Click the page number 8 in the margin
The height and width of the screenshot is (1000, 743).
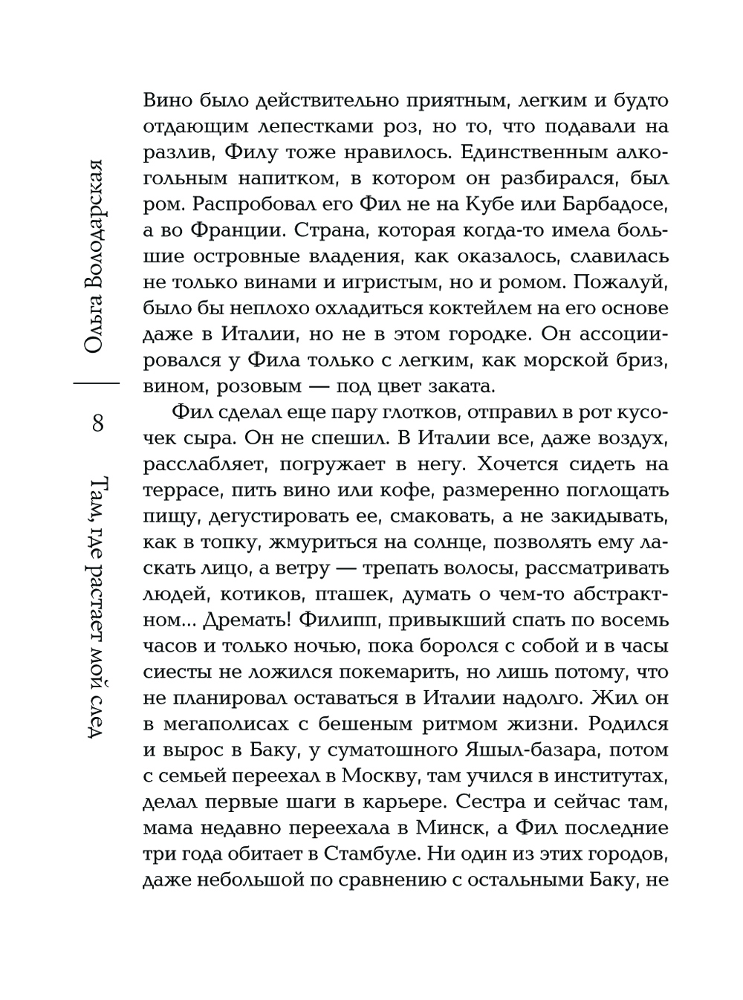pyautogui.click(x=97, y=425)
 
